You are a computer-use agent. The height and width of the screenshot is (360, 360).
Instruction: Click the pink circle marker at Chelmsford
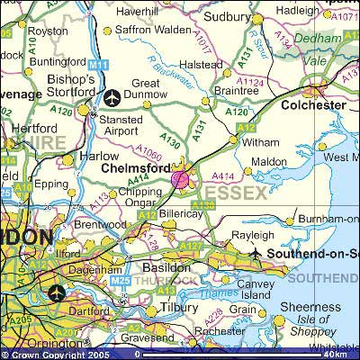pyautogui.click(x=180, y=179)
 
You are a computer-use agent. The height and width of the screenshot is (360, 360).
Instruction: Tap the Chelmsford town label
pyautogui.click(x=136, y=167)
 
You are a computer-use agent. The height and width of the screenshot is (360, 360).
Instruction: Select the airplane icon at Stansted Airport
pyautogui.click(x=112, y=97)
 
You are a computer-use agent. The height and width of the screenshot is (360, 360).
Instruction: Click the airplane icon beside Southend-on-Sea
pyautogui.click(x=257, y=254)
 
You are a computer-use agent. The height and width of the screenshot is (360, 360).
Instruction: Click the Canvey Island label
pyautogui.click(x=255, y=290)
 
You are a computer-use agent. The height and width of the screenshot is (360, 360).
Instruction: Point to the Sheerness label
pyautogui.click(x=321, y=306)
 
